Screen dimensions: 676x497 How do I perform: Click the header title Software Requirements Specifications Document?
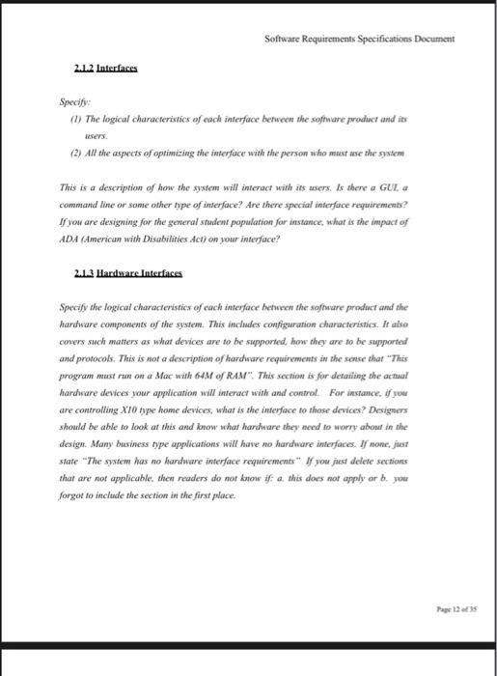(x=358, y=39)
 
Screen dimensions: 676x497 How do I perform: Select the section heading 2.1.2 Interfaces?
(x=105, y=70)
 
